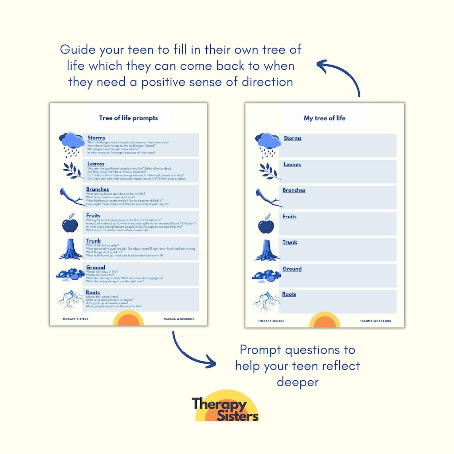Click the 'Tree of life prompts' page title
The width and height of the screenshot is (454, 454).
(x=128, y=118)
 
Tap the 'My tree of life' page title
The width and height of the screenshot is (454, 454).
(x=325, y=118)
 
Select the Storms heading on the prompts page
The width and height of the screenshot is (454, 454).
(x=96, y=138)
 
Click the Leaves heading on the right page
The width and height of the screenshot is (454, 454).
(x=292, y=164)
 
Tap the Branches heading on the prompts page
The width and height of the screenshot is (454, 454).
(x=97, y=189)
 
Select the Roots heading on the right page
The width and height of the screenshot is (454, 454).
(x=289, y=294)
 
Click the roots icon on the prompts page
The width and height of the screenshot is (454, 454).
(x=70, y=300)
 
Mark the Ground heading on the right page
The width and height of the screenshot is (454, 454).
(x=292, y=269)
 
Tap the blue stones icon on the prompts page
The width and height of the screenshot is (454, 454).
(x=70, y=274)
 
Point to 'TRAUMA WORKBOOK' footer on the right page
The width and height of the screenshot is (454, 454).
(x=376, y=321)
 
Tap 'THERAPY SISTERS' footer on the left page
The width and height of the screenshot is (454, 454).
(x=75, y=319)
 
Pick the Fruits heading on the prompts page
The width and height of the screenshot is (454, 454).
(x=93, y=215)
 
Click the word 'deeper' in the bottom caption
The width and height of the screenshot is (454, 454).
(x=297, y=382)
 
